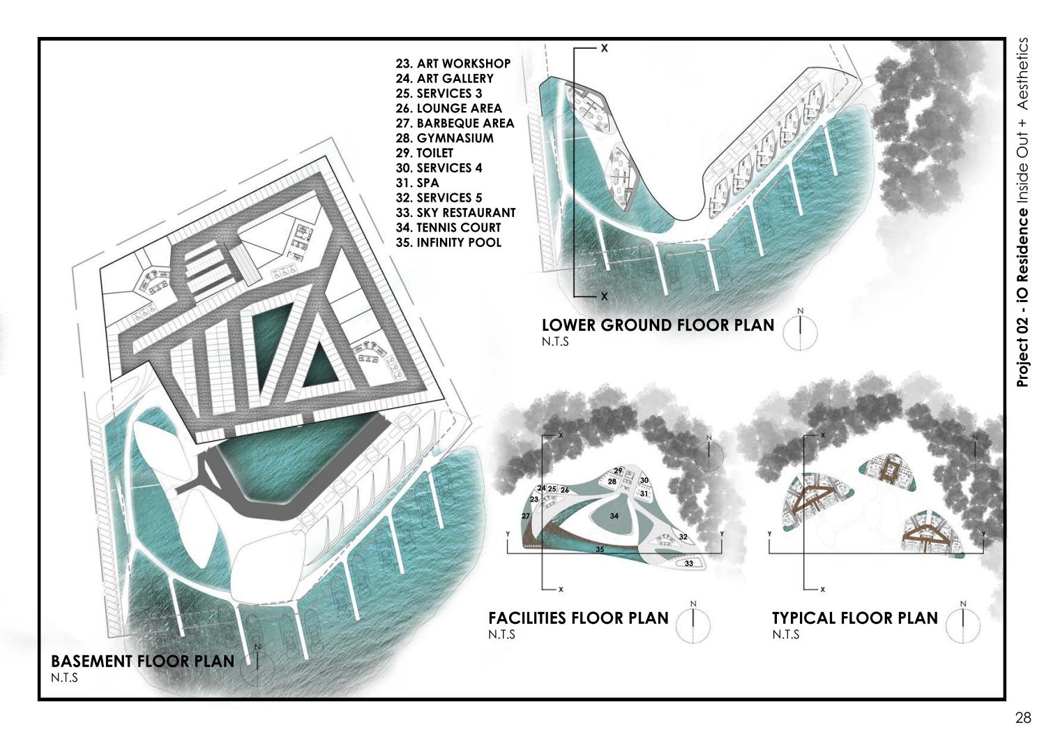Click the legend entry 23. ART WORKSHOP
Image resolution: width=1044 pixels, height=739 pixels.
(x=453, y=64)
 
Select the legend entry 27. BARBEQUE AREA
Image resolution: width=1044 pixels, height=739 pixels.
(x=455, y=123)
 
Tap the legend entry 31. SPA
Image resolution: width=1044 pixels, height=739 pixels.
(x=417, y=183)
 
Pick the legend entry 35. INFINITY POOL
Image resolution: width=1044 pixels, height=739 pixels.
(x=448, y=242)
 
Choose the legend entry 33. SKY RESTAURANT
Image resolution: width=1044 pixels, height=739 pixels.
(x=456, y=213)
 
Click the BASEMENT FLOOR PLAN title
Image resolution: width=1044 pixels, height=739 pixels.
(x=143, y=661)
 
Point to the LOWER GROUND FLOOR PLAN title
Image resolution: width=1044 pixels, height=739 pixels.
(x=658, y=325)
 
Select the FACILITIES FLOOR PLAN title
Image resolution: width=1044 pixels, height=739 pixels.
(x=578, y=618)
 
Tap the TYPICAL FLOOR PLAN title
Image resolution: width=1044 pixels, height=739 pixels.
(x=855, y=618)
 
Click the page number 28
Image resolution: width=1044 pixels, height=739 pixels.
(x=1023, y=717)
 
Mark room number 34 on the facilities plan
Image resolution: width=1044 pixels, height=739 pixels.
(x=614, y=516)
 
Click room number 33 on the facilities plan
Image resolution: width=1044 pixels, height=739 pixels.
(x=688, y=563)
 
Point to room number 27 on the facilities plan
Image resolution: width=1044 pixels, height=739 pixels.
(x=526, y=516)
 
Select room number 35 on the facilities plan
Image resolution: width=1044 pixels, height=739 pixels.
(x=600, y=550)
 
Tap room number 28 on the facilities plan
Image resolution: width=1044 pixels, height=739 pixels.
(x=612, y=482)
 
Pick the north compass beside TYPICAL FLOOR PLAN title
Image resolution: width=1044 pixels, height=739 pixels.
(x=963, y=623)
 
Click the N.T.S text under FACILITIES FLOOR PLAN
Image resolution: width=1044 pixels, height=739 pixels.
(x=502, y=634)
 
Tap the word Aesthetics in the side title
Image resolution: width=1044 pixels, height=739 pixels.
(x=1022, y=74)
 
